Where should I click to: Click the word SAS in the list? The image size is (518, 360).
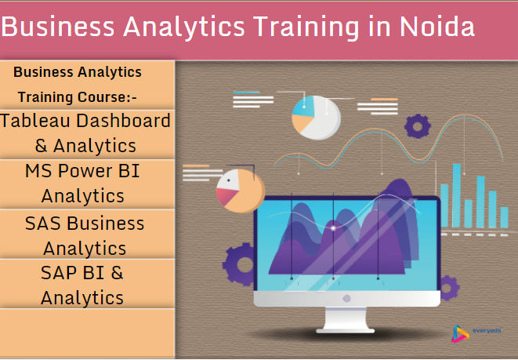42,223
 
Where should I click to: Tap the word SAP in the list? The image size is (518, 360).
59,273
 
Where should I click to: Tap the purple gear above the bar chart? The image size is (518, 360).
418,124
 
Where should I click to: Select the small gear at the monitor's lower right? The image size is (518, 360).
447,287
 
